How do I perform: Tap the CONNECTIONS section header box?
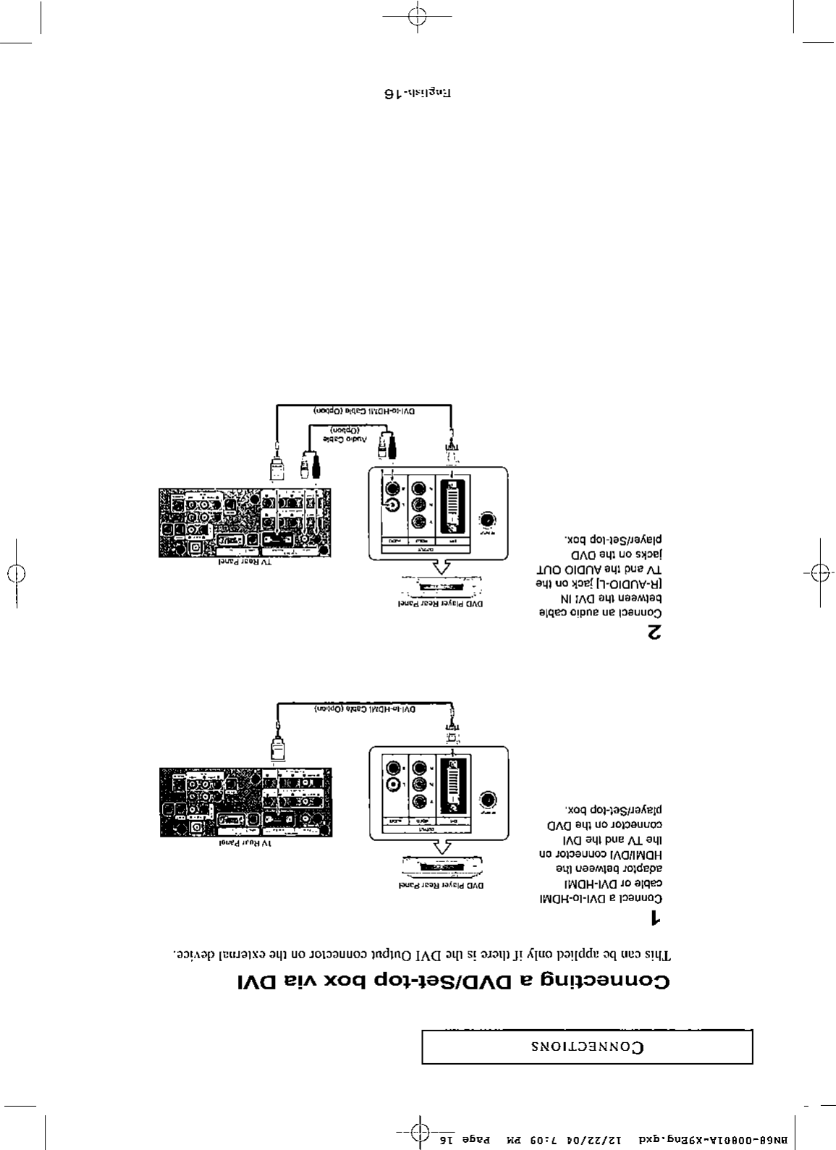(587, 1047)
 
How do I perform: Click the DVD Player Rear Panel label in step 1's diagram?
(443, 885)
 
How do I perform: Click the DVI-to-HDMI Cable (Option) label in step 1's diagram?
(365, 710)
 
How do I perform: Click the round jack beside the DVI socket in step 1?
(489, 800)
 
